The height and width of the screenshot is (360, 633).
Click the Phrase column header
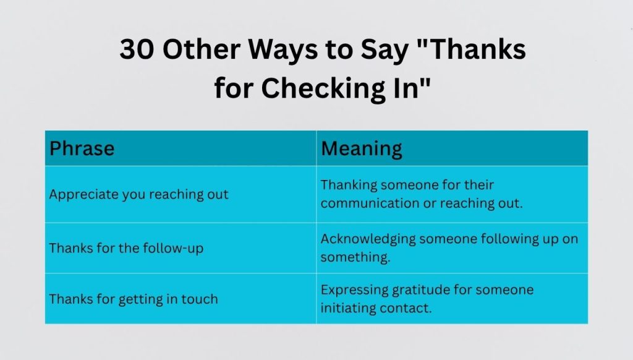82,148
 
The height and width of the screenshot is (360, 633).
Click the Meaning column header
362,148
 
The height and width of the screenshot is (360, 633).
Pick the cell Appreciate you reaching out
138,194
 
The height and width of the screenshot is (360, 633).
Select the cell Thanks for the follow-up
126,249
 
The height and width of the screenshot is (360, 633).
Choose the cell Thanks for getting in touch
134,299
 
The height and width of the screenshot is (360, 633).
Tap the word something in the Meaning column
355,257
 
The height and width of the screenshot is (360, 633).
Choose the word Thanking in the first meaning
349,185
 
